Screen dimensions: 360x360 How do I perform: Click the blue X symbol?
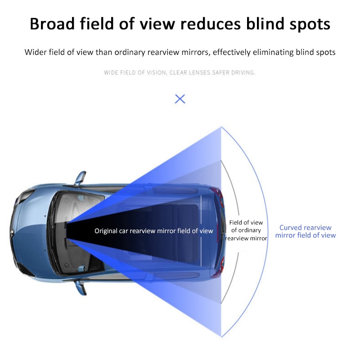(180, 99)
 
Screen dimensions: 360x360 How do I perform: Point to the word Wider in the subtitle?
(36, 52)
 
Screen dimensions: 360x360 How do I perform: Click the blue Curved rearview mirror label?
(305, 231)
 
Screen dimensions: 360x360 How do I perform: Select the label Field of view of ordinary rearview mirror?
(246, 230)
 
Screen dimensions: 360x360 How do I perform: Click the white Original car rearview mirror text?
(153, 231)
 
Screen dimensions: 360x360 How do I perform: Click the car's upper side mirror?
(80, 178)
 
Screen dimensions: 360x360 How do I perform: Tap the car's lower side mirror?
(80, 286)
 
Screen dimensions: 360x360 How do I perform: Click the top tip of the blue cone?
(221, 127)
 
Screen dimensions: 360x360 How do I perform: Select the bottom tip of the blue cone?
(221, 336)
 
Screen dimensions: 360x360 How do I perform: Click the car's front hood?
(29, 232)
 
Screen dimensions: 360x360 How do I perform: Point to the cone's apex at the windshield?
(67, 231)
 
